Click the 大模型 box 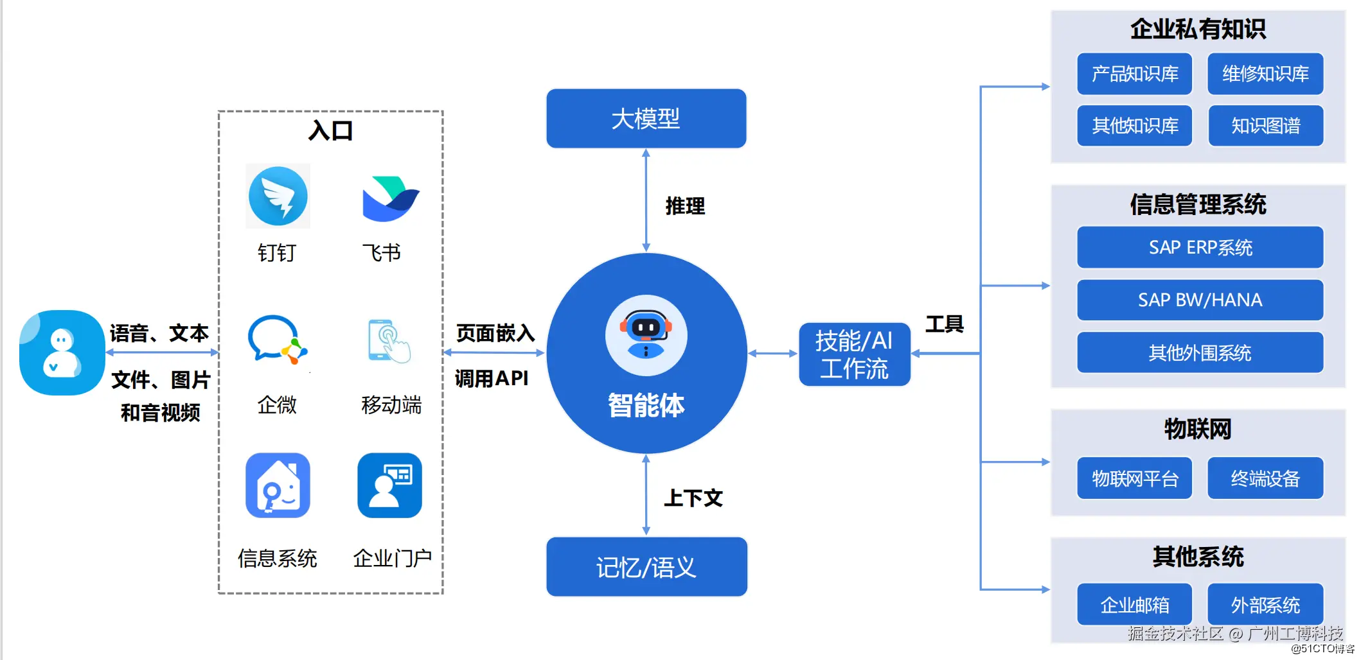pyautogui.click(x=646, y=119)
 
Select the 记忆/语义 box pyautogui.click(x=646, y=567)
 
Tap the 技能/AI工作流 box pyautogui.click(x=855, y=354)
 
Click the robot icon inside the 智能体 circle pyautogui.click(x=646, y=335)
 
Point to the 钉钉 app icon pyautogui.click(x=278, y=196)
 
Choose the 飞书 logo pyautogui.click(x=391, y=198)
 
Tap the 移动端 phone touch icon pyautogui.click(x=389, y=341)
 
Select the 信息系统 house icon pyautogui.click(x=278, y=485)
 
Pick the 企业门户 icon pyautogui.click(x=389, y=485)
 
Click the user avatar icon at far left pyautogui.click(x=62, y=352)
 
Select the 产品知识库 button pyautogui.click(x=1135, y=74)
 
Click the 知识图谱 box pyautogui.click(x=1266, y=126)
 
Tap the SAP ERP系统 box pyautogui.click(x=1200, y=247)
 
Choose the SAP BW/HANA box pyautogui.click(x=1200, y=300)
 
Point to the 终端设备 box pyautogui.click(x=1265, y=478)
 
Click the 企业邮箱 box pyautogui.click(x=1135, y=605)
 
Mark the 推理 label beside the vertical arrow pyautogui.click(x=685, y=206)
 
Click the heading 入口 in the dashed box pyautogui.click(x=330, y=131)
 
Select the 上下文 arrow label pyautogui.click(x=693, y=498)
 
